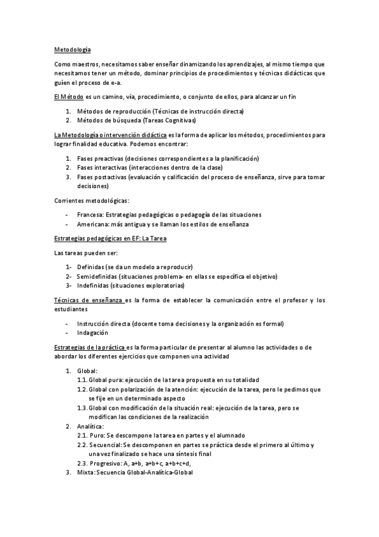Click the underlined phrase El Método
pos(68,96)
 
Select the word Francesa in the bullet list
pos(91,215)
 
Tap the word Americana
pos(93,224)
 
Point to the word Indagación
pos(92,332)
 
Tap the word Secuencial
pos(107,445)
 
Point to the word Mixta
pos(84,472)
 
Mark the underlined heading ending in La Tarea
pos(110,238)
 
